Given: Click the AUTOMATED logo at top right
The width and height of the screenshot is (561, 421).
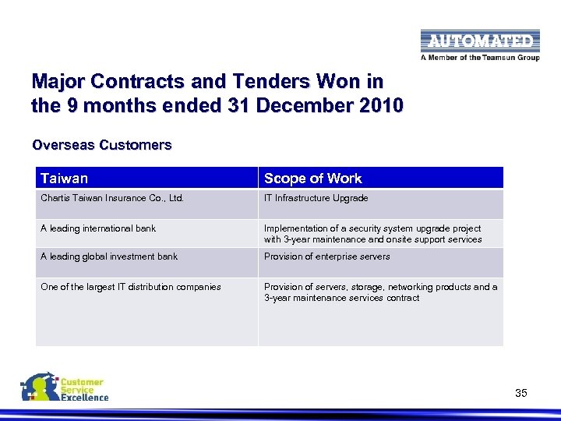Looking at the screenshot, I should pyautogui.click(x=479, y=41).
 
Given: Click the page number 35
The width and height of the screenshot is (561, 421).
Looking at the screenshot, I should pyautogui.click(x=521, y=394).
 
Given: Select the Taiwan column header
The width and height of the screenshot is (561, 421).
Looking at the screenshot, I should pyautogui.click(x=65, y=179).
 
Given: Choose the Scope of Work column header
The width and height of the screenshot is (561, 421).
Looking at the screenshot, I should pyautogui.click(x=312, y=179).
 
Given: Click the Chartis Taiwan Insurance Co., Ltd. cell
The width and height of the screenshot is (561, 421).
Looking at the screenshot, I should pyautogui.click(x=112, y=198).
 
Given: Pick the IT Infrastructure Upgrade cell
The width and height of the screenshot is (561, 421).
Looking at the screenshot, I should pyautogui.click(x=316, y=198).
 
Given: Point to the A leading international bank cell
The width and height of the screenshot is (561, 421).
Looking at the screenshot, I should pyautogui.click(x=98, y=228).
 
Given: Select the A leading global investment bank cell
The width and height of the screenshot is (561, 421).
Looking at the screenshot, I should pyautogui.click(x=109, y=256).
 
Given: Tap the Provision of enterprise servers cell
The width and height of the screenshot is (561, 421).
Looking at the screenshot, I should pyautogui.click(x=326, y=256).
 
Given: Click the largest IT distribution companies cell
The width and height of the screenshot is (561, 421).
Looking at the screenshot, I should pyautogui.click(x=130, y=287).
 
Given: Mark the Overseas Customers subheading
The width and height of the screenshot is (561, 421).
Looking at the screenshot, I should pyautogui.click(x=101, y=145).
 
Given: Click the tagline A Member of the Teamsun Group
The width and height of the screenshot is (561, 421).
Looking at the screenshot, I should pyautogui.click(x=479, y=57).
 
